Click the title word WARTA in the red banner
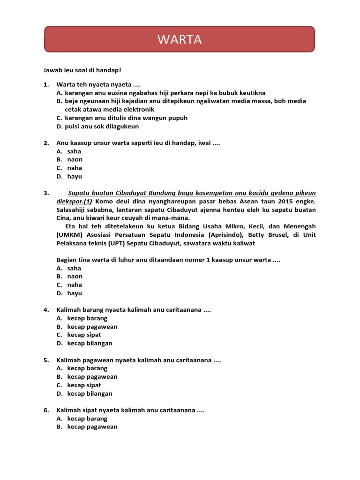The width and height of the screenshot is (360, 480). coord(180,40)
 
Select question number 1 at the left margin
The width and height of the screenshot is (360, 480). coord(46,85)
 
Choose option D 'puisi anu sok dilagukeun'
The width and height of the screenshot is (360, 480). coord(102,127)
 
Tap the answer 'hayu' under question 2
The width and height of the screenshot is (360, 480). coord(75,177)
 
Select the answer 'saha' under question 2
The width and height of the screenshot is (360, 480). coord(74,151)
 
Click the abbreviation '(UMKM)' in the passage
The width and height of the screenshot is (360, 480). coord(71,235)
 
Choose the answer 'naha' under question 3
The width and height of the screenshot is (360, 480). coord(75,285)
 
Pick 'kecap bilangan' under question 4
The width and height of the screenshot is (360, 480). coord(90,344)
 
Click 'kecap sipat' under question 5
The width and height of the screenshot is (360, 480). coord(84,385)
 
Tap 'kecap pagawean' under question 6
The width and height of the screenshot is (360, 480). coord(92,427)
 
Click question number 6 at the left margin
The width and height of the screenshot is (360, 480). coord(46,410)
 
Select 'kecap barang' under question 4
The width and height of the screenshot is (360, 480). coord(87,318)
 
